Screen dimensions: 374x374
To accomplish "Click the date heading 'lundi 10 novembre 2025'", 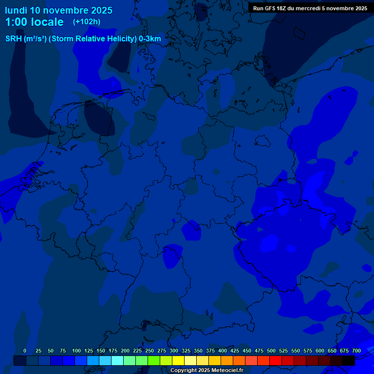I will point(58,10).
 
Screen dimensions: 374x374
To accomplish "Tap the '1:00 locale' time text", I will point(34,22).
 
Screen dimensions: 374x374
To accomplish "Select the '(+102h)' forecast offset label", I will point(87,21).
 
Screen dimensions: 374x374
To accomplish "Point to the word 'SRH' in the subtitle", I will point(13,39).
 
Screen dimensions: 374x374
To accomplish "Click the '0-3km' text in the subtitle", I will point(150,39).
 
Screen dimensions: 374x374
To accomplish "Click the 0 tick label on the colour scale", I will point(25,351).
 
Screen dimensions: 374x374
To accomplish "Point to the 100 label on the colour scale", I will point(76,351).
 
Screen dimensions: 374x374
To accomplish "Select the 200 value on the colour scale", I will point(125,351).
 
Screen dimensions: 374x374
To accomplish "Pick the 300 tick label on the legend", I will point(174,351).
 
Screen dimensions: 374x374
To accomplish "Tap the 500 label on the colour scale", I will point(271,351).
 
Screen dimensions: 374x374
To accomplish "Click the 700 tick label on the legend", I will point(356,351).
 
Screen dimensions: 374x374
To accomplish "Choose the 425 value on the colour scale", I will point(235,351).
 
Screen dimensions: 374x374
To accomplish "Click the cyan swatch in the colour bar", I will point(117,360).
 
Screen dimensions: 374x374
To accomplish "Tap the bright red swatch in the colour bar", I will point(276,360).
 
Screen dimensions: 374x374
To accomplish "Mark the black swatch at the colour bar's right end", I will point(349,360).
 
